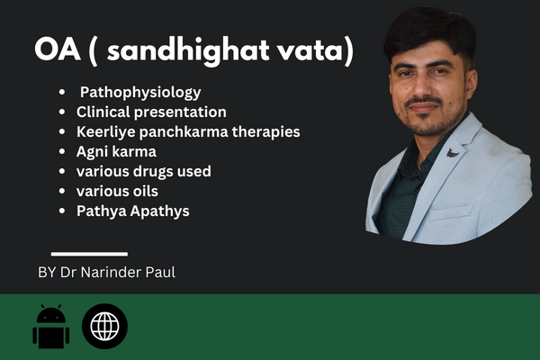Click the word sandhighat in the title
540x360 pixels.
click(188, 51)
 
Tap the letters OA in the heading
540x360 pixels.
click(58, 50)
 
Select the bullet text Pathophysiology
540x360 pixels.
click(140, 93)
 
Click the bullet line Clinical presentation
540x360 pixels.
click(151, 112)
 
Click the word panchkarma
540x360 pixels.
click(184, 132)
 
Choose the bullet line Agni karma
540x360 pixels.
click(116, 152)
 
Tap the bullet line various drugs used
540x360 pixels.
click(144, 171)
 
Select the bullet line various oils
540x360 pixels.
click(117, 191)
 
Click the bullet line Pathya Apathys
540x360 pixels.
click(133, 211)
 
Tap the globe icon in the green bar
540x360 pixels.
click(104, 326)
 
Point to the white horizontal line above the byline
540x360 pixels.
click(89, 254)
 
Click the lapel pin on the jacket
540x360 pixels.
click(453, 153)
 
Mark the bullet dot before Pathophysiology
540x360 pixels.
click(62, 93)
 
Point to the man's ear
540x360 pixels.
click(472, 85)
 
